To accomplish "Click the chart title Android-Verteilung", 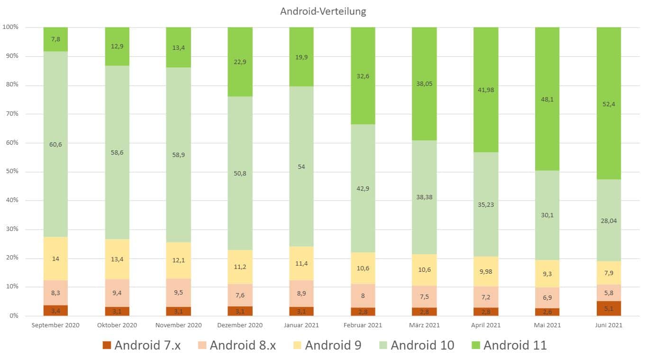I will [x=323, y=11].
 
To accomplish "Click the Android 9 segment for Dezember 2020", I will [x=240, y=267].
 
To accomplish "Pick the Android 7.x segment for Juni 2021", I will [x=608, y=308].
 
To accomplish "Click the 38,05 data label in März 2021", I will [x=424, y=84].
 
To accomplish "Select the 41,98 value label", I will [x=485, y=90].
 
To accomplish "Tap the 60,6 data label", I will [x=55, y=144].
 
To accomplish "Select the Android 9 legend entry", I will [x=327, y=345].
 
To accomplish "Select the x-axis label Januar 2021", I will [x=301, y=325].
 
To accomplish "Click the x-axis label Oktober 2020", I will [x=117, y=325].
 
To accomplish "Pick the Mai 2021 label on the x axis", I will [x=547, y=325].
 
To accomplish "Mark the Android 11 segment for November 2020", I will [x=178, y=47].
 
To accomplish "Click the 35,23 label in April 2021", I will [x=485, y=205].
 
